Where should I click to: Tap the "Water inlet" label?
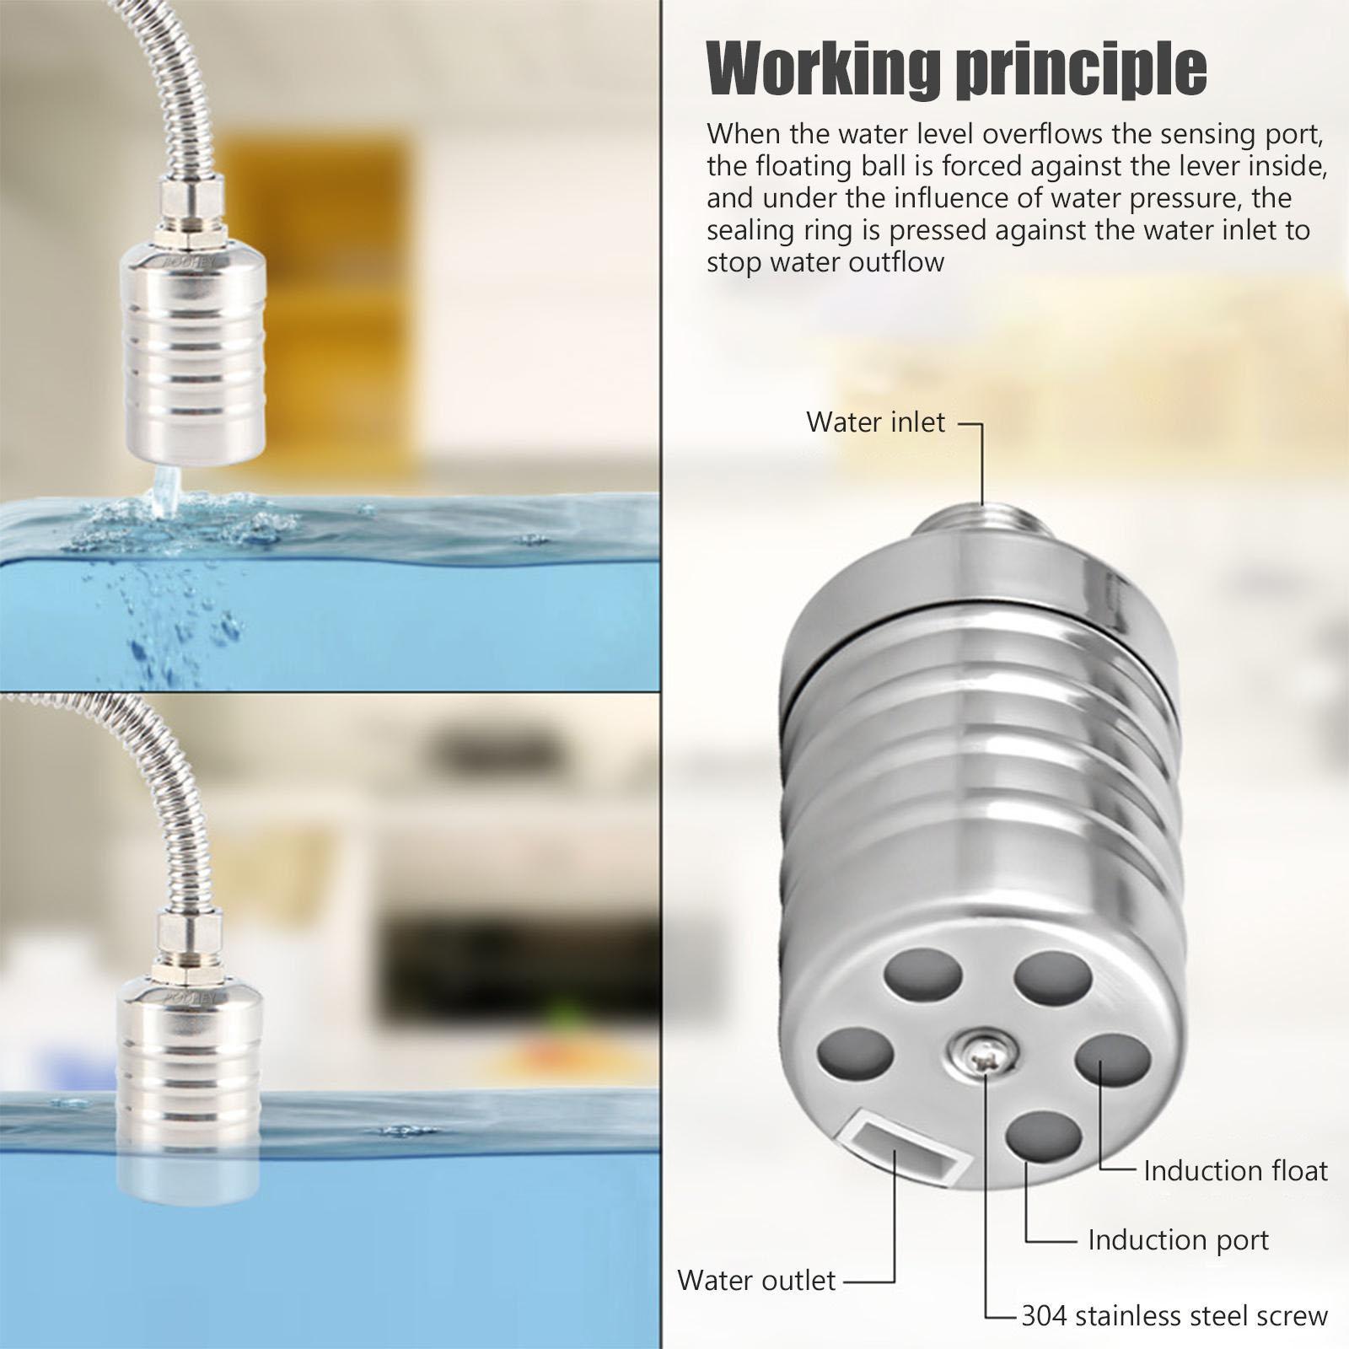[x=875, y=422]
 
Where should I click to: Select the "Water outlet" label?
[x=755, y=1280]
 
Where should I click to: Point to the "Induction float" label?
[x=1235, y=1170]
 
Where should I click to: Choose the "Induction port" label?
[x=1178, y=1239]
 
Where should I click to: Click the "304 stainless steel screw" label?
[x=1174, y=1315]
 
